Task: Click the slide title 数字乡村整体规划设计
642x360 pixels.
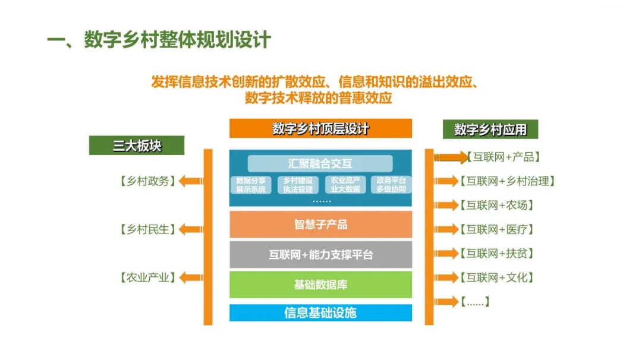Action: pos(177,40)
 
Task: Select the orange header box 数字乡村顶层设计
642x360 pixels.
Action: pos(320,128)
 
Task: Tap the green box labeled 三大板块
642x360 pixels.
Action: pos(137,145)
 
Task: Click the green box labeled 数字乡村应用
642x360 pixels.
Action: pos(490,129)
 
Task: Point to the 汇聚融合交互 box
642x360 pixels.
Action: pos(320,164)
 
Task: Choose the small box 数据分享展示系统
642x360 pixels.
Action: pos(250,185)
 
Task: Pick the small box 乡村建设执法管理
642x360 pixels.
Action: pos(298,185)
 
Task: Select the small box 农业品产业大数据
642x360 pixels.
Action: pos(345,185)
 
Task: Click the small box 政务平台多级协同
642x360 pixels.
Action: pos(391,185)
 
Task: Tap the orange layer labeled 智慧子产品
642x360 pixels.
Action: pos(320,225)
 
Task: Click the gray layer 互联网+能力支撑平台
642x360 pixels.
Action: pos(320,255)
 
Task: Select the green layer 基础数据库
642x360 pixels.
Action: pos(320,285)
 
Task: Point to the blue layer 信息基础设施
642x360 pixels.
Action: pos(320,312)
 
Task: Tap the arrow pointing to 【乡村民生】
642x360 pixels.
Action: pos(191,229)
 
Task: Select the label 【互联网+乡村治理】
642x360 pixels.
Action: pos(511,181)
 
